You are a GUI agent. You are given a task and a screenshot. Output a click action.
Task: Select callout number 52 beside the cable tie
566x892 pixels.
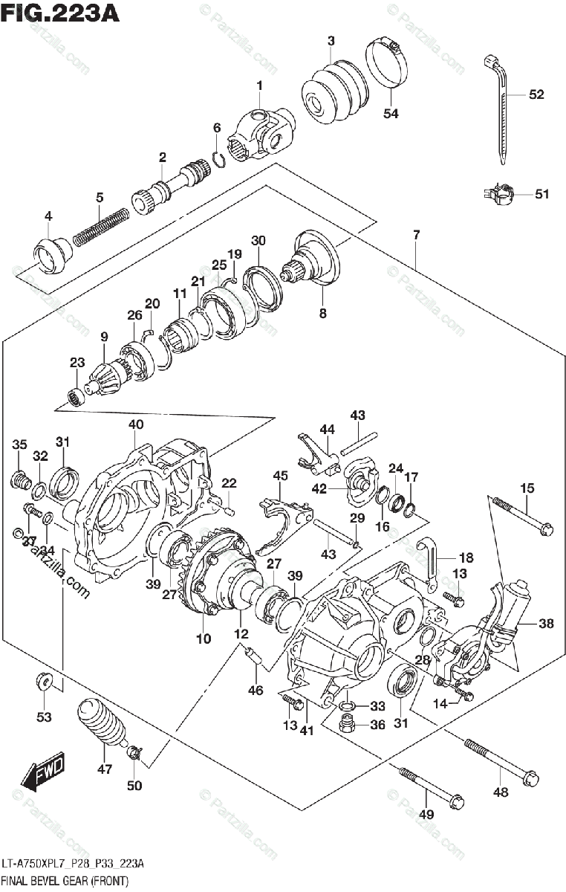(x=536, y=94)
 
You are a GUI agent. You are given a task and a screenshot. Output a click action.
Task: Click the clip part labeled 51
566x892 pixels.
(x=500, y=195)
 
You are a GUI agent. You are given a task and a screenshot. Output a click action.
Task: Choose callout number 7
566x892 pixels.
(x=417, y=236)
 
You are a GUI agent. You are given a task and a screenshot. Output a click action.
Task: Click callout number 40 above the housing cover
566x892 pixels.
(x=135, y=425)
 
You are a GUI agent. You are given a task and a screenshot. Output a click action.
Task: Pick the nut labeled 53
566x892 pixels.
(x=44, y=681)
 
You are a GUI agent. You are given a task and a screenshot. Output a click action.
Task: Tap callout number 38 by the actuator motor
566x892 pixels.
(x=546, y=624)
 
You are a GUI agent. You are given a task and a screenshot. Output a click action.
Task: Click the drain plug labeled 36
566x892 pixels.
(x=346, y=725)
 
